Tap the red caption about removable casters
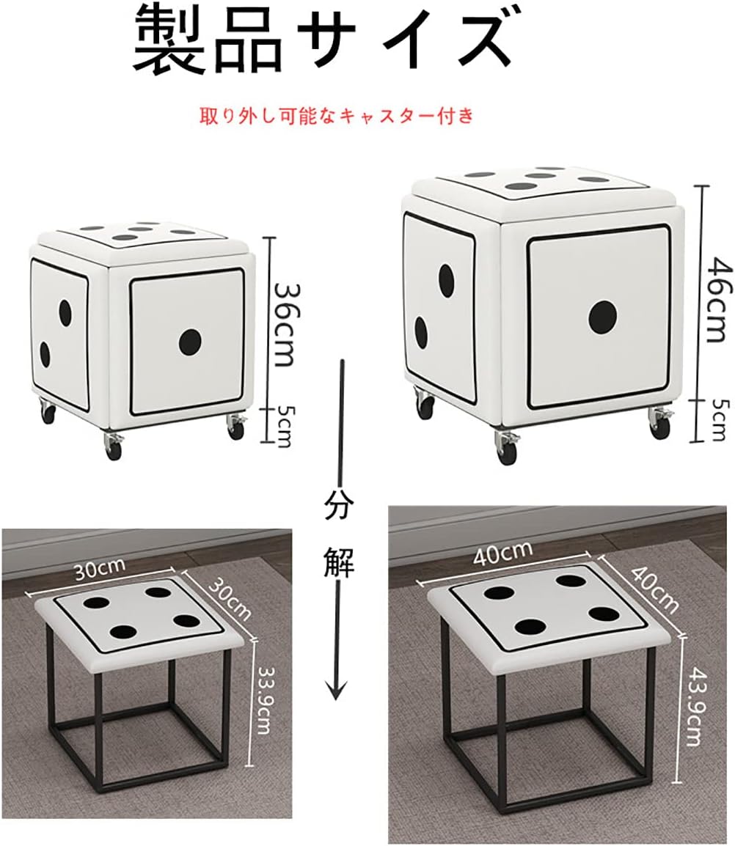pos(337,116)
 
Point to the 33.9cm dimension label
pos(263,700)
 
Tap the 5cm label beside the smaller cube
pos(284,426)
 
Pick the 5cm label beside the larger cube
pos(718,420)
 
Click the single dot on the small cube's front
pos(189,342)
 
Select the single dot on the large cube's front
pos(603,317)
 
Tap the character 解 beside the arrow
pos(339,563)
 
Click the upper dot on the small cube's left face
pos(65,313)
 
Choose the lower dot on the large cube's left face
pos(421,332)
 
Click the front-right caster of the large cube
pos(659,424)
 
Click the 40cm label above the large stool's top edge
pos(502,553)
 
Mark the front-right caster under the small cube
pos(236,426)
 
